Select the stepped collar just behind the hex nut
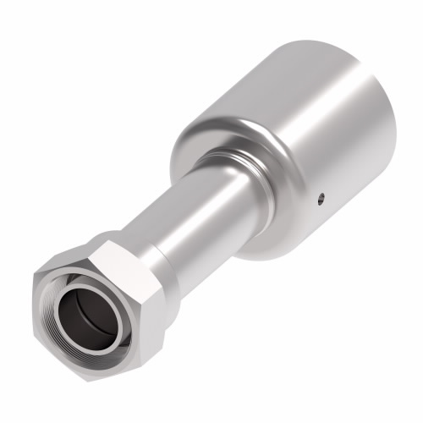[x=157, y=254]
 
